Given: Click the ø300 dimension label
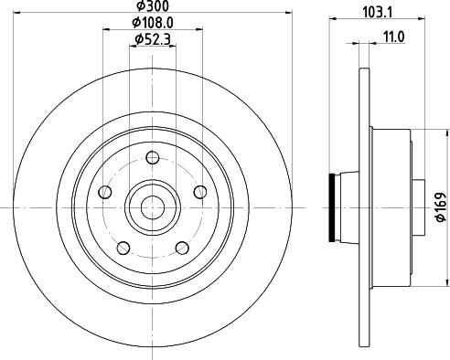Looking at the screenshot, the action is point(153,6).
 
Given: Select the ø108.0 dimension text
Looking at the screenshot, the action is point(153,23).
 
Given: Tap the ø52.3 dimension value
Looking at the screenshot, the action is point(153,39).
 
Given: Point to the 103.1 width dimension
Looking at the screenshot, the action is point(378,13).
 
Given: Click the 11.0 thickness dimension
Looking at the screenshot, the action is point(393,37).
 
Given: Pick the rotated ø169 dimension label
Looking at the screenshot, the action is point(441,206).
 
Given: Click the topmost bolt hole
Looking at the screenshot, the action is point(153,158).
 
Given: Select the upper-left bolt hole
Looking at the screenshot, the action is point(105,192).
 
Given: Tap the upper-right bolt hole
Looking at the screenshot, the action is point(200,192).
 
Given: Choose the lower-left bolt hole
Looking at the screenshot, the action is point(123,248).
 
